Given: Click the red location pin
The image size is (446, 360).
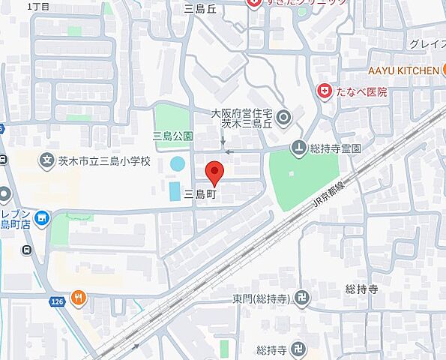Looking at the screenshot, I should pyautogui.click(x=215, y=172).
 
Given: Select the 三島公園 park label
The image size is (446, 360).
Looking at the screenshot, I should pyautogui.click(x=172, y=136).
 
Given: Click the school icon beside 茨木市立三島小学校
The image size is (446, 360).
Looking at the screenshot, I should pyautogui.click(x=46, y=160).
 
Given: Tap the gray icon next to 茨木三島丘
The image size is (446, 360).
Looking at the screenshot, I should pyautogui.click(x=283, y=118).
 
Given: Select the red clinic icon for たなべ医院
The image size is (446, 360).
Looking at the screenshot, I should pyautogui.click(x=325, y=91).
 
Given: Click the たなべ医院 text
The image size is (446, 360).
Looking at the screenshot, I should pyautogui.click(x=362, y=92).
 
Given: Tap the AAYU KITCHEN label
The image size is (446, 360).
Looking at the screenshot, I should pyautogui.click(x=403, y=71).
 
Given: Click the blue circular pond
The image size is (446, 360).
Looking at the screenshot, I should pyautogui.click(x=178, y=163).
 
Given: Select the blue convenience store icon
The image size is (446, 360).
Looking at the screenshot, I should pyautogui.click(x=41, y=219).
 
